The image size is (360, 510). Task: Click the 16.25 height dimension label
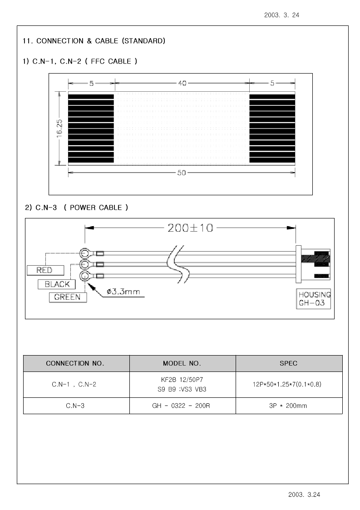(x=59, y=128)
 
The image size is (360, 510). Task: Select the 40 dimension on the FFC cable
(x=182, y=83)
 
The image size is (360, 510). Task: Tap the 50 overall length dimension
(x=182, y=173)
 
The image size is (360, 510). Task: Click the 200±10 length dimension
(x=191, y=228)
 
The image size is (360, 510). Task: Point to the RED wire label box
(x=45, y=270)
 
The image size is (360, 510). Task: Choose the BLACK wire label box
(x=57, y=284)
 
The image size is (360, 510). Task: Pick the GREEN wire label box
(x=68, y=297)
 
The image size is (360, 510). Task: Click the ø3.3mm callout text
(x=123, y=292)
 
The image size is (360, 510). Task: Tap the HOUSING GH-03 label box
(x=314, y=298)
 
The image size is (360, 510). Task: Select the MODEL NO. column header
(x=182, y=363)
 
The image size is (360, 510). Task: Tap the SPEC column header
(x=289, y=363)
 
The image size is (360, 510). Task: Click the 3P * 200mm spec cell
(x=289, y=406)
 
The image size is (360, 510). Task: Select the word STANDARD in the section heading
(x=143, y=41)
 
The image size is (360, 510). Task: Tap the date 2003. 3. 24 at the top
(x=281, y=15)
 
